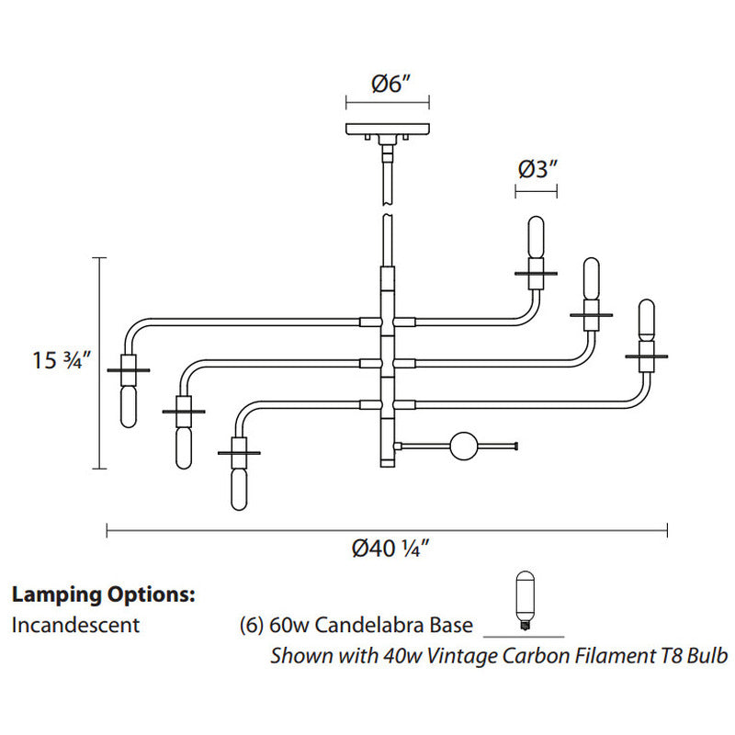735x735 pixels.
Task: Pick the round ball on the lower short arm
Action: click(x=463, y=447)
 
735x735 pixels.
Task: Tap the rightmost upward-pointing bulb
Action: click(x=647, y=326)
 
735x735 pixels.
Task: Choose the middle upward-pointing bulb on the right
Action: click(x=590, y=288)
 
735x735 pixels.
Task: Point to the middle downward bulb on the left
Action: click(x=184, y=443)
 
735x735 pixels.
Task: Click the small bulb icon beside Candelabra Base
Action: click(x=525, y=601)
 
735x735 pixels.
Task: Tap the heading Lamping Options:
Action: click(x=104, y=594)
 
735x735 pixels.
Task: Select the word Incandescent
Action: click(x=76, y=626)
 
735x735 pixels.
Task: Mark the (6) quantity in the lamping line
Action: click(x=251, y=626)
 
